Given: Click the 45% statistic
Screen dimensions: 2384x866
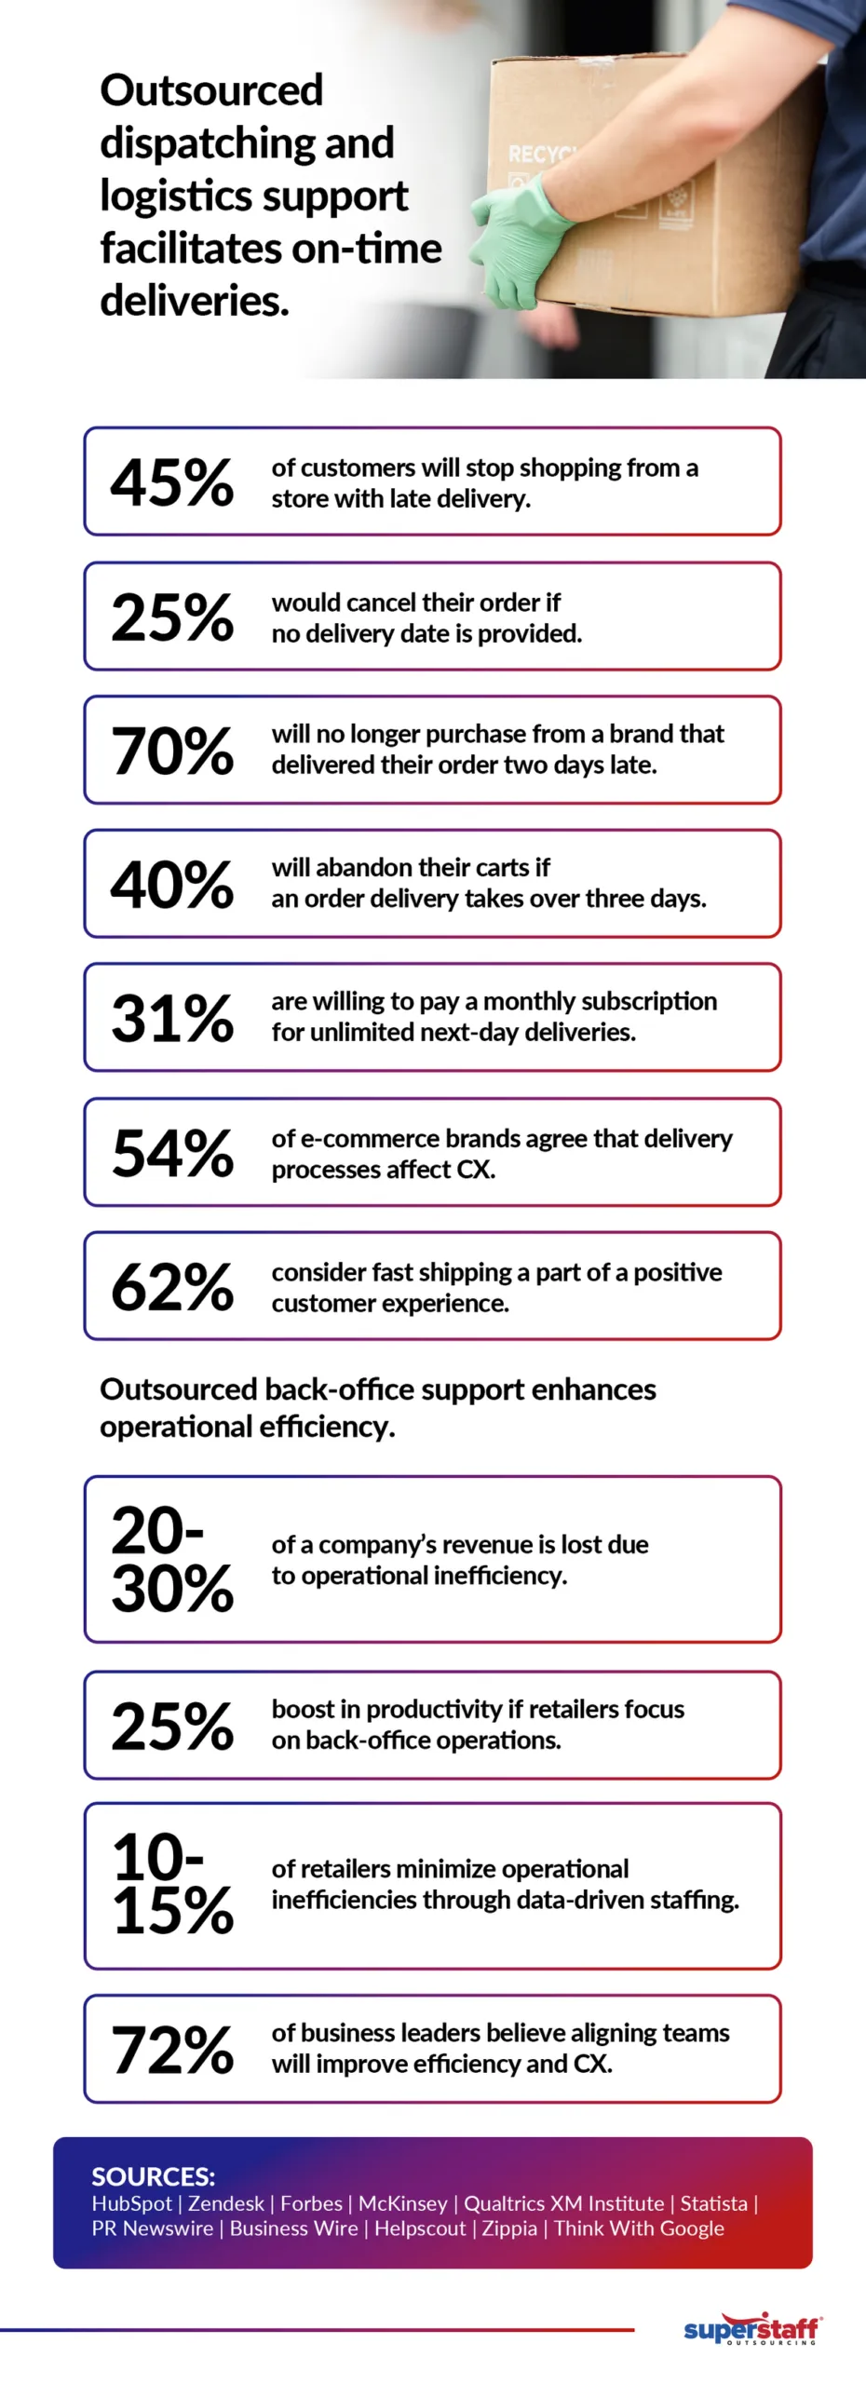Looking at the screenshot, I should click(172, 482).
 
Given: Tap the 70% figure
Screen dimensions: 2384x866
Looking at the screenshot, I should click(172, 751).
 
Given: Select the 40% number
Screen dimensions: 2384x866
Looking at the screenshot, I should click(172, 885).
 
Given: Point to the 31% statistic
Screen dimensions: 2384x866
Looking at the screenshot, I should click(172, 1018).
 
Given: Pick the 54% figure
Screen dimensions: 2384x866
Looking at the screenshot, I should click(172, 1153).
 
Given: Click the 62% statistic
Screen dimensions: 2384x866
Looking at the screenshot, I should click(172, 1287).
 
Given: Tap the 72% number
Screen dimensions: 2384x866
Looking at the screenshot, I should click(172, 2050).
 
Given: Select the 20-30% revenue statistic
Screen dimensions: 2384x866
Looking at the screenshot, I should click(172, 1559).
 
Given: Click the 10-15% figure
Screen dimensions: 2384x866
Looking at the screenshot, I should click(172, 1884).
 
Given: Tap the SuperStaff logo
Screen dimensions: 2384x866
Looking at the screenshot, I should click(751, 2328).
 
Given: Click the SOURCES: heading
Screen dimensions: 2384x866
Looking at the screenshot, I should click(153, 2176).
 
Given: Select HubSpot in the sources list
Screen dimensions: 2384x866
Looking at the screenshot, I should click(131, 2203).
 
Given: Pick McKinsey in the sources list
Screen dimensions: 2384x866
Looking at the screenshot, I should click(402, 2203).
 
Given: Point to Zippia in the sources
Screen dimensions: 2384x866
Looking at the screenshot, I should click(509, 2228).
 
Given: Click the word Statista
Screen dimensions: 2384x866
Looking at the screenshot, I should click(713, 2203).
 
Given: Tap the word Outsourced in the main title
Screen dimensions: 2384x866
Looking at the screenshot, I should click(211, 90).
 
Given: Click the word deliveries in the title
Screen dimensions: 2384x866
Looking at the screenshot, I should click(194, 301).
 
